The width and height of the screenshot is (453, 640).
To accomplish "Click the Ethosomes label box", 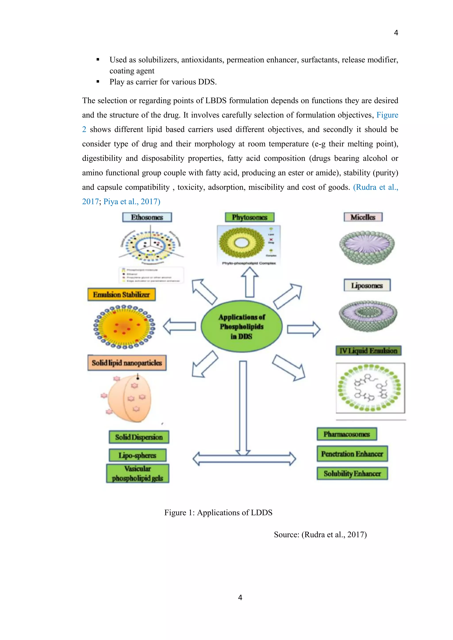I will pos(147,217).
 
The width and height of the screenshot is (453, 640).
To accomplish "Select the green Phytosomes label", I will pos(250,217).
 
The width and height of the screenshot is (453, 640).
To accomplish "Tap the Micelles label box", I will pos(363,217).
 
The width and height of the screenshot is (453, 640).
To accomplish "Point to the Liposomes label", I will pos(367,285).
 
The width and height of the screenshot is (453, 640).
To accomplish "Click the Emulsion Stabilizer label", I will pos(121,295).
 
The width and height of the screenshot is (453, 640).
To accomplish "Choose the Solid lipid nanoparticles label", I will pos(127,363).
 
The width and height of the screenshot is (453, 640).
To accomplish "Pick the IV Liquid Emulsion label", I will pos(369,351).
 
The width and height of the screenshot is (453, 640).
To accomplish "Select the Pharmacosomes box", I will pos(347,434).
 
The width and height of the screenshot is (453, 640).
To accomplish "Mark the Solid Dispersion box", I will pos(139,437).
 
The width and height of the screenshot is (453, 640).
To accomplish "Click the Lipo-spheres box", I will pos(138,455).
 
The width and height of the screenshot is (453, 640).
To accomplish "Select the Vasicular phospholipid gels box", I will pos(138,473).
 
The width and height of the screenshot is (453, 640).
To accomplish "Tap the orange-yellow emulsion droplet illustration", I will pos(124,327).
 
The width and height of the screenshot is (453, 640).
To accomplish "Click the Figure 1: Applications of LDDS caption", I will pos(218,513).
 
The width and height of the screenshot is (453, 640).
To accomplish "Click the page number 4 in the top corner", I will pos(396,33).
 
